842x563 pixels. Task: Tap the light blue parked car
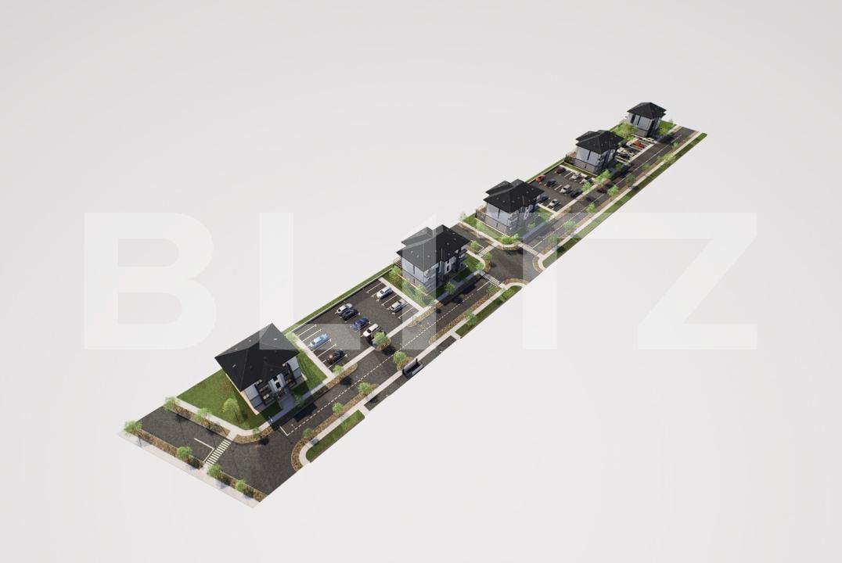pos(318,340)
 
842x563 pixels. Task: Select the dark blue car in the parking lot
pos(360,323)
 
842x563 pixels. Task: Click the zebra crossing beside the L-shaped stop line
pos(218,450)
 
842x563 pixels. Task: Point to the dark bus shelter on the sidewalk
pos(412,368)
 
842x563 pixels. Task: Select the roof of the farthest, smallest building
pos(646,110)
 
